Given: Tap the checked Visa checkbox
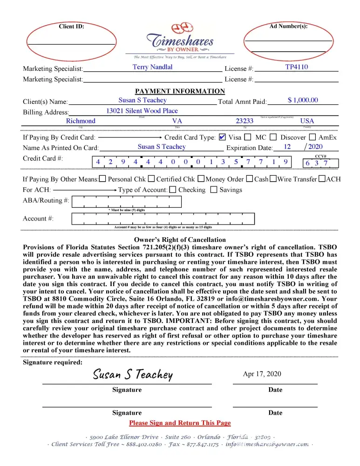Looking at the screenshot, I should tap(222, 137).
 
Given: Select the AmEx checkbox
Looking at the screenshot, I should tap(312, 137).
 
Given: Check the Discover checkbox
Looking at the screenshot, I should tap(273, 137).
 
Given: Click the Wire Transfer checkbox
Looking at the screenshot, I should tap(273, 179).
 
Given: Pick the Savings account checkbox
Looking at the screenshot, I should tap(214, 190).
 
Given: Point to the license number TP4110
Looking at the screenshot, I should tap(296, 67).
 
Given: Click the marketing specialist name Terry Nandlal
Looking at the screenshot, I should tap(152, 67).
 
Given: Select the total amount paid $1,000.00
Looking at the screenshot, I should tap(303, 100).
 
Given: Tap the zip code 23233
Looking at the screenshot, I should tap(245, 121).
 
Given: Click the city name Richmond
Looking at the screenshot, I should tap(81, 121).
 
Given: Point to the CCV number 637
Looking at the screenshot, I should tap(317, 163).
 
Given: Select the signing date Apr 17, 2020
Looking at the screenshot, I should tap(262, 374).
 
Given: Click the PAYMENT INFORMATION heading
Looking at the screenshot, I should tap(180, 91).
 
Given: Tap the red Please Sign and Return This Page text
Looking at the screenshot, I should tap(180, 423).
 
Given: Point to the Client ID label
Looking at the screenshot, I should tap(71, 26).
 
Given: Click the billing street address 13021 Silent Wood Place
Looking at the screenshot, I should tap(142, 110).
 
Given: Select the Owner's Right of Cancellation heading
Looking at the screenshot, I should tap(180, 240).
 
